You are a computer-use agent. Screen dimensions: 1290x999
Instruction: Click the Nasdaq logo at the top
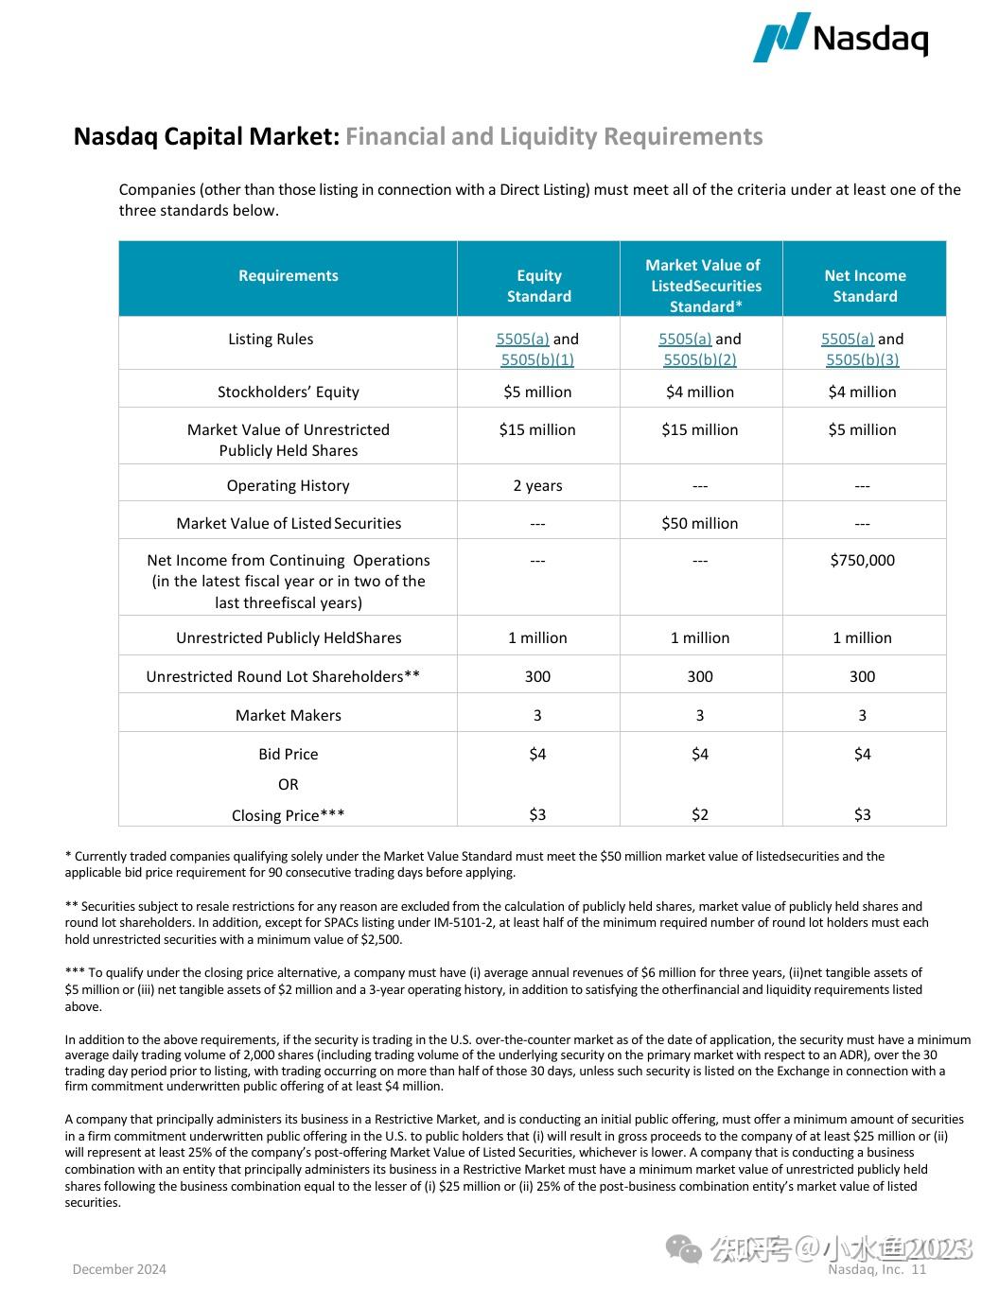(x=840, y=38)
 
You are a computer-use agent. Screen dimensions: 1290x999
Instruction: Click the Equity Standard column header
(x=538, y=286)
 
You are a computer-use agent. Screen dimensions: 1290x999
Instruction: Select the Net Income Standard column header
(x=865, y=286)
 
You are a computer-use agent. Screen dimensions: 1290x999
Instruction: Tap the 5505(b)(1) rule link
(x=537, y=359)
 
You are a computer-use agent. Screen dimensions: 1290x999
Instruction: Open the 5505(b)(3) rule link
(x=862, y=359)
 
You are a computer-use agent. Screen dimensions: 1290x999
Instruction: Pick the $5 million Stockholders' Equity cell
(x=537, y=392)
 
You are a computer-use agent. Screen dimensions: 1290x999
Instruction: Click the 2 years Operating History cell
(x=537, y=485)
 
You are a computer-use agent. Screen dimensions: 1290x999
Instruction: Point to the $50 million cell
(x=699, y=523)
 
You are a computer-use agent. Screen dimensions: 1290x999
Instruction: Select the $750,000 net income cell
(x=862, y=560)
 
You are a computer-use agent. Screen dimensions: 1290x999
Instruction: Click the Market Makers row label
(x=288, y=715)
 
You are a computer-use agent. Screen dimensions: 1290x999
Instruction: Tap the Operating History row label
(x=288, y=485)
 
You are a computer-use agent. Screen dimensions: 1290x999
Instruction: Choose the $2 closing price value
(x=699, y=814)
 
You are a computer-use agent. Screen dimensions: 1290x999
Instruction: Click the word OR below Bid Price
(x=288, y=784)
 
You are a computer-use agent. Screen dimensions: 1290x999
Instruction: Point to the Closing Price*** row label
(x=288, y=815)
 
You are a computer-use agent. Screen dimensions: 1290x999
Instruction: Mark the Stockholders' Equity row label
(x=288, y=392)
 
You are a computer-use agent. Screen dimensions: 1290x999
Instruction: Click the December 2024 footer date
(x=119, y=1269)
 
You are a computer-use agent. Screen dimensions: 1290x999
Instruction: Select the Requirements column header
(x=288, y=275)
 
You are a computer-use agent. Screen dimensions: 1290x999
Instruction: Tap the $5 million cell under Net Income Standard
(x=862, y=429)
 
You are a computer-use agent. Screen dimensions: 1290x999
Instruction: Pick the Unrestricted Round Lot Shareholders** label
(x=283, y=676)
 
